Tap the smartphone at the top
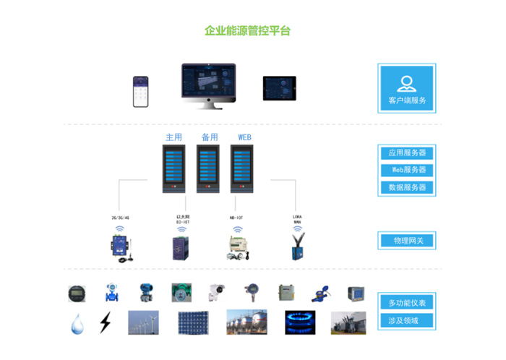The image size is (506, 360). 140,91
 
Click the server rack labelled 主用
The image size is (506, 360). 173,168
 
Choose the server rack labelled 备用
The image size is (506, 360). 209,168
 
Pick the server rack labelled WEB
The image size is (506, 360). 243,168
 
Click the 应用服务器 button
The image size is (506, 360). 406,153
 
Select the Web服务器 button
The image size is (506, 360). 406,170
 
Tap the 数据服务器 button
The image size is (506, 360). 406,187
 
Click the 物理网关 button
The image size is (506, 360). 406,240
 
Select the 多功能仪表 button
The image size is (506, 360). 406,302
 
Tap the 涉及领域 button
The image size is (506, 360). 406,320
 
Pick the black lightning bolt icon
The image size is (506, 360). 105,322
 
